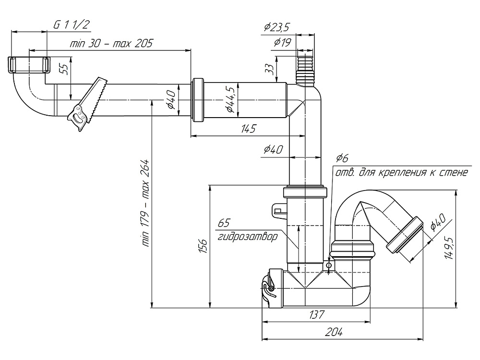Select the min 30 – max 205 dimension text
pyautogui.click(x=111, y=44)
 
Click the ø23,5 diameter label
pyautogui.click(x=277, y=27)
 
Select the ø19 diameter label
pyautogui.click(x=282, y=43)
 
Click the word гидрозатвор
pyautogui.click(x=247, y=237)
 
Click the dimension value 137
pyautogui.click(x=317, y=315)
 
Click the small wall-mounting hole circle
pyautogui.click(x=328, y=265)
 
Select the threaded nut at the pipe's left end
pyautogui.click(x=29, y=64)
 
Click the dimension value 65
pyautogui.click(x=224, y=223)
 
